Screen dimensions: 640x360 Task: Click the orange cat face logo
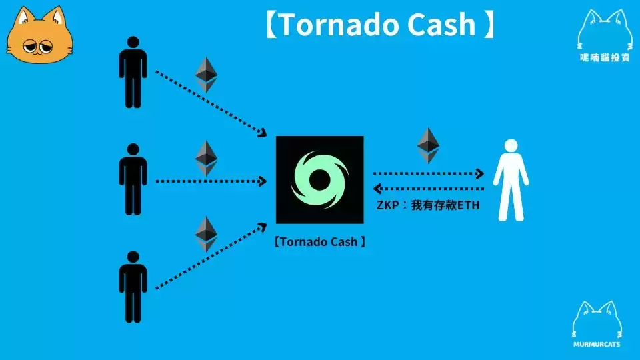39,35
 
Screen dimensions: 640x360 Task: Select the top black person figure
133,72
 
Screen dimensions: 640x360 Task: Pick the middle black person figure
133,179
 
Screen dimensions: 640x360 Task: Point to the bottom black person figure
133,287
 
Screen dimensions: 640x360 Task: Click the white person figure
511,180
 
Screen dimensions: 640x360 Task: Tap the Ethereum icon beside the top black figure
206,75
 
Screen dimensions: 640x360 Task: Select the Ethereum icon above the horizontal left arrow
206,159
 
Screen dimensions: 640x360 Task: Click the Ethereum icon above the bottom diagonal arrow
206,234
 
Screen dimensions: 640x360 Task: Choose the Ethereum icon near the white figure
428,145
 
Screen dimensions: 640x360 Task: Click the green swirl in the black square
319,180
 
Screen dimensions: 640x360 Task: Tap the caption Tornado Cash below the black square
319,241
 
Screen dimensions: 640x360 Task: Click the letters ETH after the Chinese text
468,205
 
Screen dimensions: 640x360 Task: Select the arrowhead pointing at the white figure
480,173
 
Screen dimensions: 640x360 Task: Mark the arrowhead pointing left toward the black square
377,189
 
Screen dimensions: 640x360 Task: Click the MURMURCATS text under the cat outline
597,345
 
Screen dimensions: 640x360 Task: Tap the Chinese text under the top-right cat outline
605,58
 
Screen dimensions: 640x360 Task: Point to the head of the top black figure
133,42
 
